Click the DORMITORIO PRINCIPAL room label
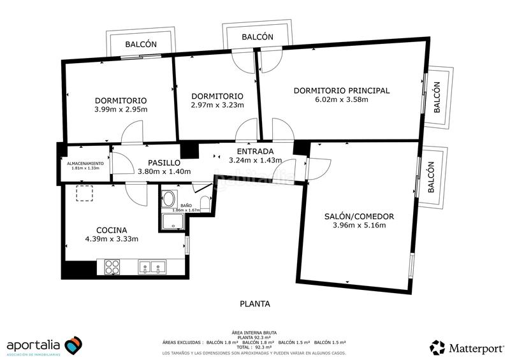(x=341, y=90)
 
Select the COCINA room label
(x=112, y=230)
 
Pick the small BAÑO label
(x=186, y=205)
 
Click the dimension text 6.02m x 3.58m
(x=341, y=99)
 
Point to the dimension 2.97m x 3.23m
(x=217, y=105)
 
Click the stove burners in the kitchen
(x=112, y=266)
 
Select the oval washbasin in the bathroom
(x=169, y=197)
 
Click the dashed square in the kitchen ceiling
(x=85, y=193)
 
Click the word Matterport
(x=476, y=348)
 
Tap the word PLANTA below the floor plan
(x=255, y=304)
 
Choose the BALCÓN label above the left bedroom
(x=141, y=45)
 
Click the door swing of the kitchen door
(x=136, y=192)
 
